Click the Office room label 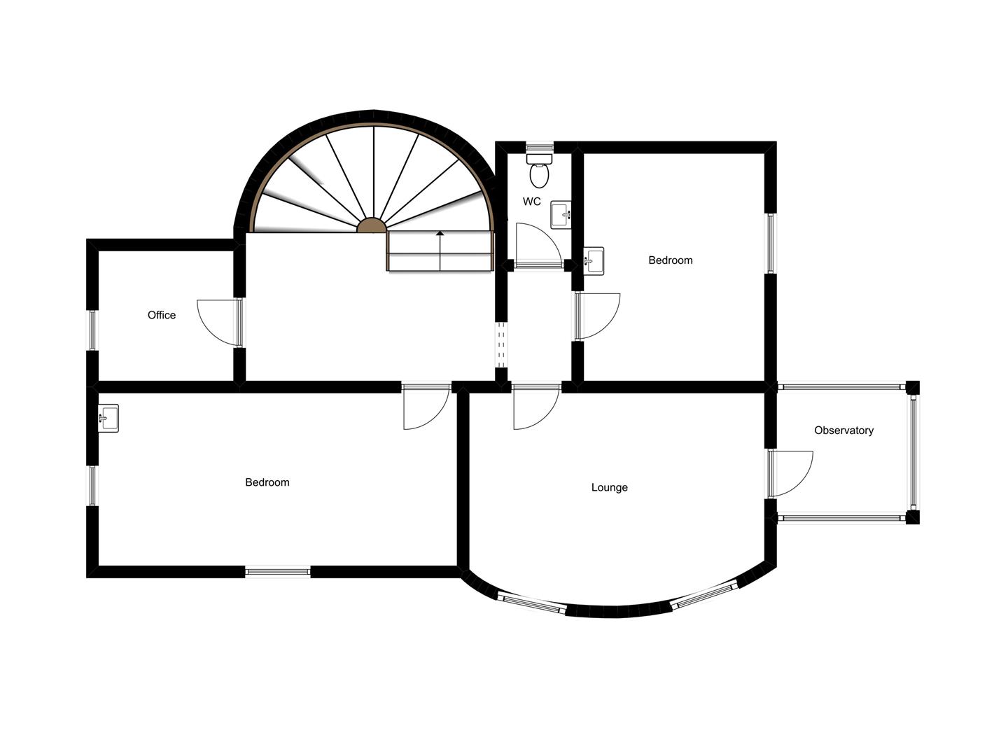click(162, 315)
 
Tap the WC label click(532, 202)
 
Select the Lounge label click(609, 487)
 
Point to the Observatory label click(843, 430)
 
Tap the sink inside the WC click(561, 215)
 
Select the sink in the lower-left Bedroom click(108, 419)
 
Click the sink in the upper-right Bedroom click(594, 261)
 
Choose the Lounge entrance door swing click(535, 407)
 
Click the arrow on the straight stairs click(440, 241)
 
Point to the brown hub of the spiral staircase click(372, 225)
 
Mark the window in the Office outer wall click(92, 330)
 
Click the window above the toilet click(539, 147)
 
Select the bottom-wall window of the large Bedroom click(278, 572)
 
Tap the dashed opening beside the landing click(501, 344)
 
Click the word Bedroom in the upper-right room click(671, 260)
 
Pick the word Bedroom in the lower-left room click(267, 482)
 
